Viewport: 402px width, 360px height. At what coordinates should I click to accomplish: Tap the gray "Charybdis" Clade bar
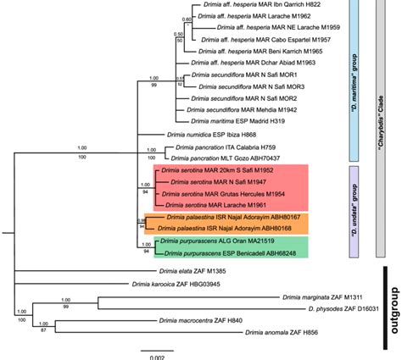pyautogui.click(x=381, y=127)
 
